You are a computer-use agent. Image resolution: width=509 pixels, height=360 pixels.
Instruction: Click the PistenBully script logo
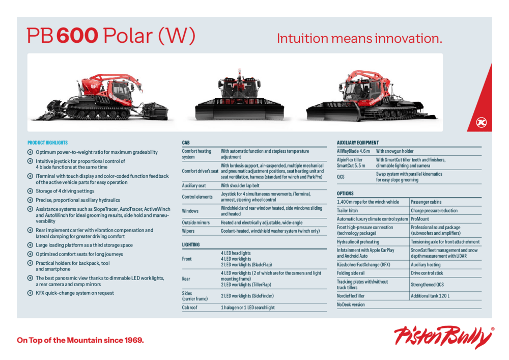pyautogui.click(x=444, y=338)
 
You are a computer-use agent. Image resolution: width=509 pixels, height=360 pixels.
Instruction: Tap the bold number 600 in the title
pyautogui.click(x=77, y=35)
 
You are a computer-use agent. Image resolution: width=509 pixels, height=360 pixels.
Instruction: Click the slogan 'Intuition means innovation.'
pyautogui.click(x=359, y=38)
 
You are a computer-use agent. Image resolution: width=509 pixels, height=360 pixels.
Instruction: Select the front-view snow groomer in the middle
pyautogui.click(x=240, y=95)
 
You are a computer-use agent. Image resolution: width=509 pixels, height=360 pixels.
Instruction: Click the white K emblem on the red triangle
pyautogui.click(x=481, y=122)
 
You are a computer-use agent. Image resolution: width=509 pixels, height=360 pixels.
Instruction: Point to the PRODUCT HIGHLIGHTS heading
pyautogui.click(x=47, y=143)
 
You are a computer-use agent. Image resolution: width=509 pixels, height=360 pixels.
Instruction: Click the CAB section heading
pyautogui.click(x=186, y=143)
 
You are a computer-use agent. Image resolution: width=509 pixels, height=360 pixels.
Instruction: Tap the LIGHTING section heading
pyautogui.click(x=190, y=244)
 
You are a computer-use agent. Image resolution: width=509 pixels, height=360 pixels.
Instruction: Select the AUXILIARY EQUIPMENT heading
pyautogui.click(x=358, y=143)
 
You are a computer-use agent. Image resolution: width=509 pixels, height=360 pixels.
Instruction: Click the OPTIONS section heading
pyautogui.click(x=345, y=193)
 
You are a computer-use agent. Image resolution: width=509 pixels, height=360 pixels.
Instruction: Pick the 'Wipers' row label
pyautogui.click(x=188, y=231)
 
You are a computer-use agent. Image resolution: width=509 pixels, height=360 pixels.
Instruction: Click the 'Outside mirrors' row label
pyautogui.click(x=196, y=223)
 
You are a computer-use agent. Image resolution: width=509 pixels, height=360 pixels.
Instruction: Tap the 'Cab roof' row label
pyautogui.click(x=189, y=308)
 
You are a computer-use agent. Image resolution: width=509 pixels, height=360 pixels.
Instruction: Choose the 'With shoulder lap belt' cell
pyautogui.click(x=240, y=186)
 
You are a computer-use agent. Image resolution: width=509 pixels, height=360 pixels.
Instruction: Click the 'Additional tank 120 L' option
pyautogui.click(x=430, y=296)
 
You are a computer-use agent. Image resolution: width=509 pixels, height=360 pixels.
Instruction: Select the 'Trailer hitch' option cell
pyautogui.click(x=347, y=211)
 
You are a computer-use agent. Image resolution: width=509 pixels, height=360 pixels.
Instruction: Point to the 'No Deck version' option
pyautogui.click(x=351, y=305)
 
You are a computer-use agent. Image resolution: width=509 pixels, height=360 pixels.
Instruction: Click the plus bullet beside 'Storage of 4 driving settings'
pyautogui.click(x=30, y=191)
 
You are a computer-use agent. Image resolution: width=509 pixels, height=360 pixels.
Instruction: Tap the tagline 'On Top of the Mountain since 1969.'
pyautogui.click(x=80, y=340)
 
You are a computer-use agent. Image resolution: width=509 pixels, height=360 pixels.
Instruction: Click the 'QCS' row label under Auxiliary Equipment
pyautogui.click(x=341, y=177)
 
